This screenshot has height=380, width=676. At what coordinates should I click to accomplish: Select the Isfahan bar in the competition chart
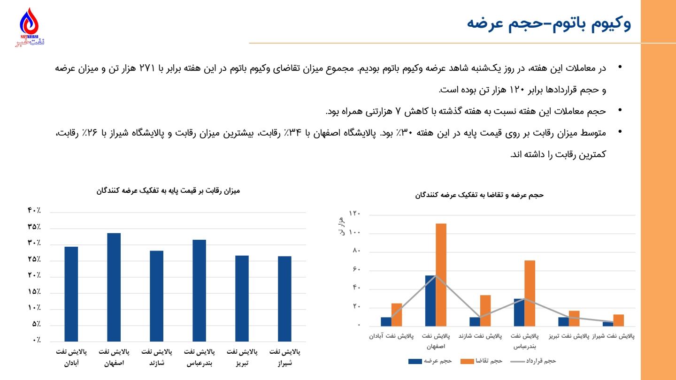tap(114, 287)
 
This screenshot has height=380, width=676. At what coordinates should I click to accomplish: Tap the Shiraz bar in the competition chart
tap(284, 298)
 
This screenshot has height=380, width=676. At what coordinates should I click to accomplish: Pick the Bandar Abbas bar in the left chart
tap(199, 290)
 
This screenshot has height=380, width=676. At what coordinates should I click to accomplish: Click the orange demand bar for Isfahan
tap(441, 274)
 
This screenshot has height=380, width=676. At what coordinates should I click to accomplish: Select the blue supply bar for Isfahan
tap(430, 300)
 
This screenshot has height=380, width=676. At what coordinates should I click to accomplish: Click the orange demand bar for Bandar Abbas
tap(530, 293)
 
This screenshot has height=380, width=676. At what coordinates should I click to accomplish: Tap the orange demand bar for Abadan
tap(397, 314)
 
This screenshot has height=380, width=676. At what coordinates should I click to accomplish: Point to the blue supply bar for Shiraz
tap(608, 324)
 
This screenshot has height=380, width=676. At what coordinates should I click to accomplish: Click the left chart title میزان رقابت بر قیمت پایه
tap(168, 190)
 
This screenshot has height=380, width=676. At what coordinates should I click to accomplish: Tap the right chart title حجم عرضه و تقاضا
tap(479, 195)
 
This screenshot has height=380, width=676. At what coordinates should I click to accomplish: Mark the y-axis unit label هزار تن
tap(341, 226)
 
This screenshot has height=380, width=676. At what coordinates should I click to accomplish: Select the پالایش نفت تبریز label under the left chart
tap(242, 357)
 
